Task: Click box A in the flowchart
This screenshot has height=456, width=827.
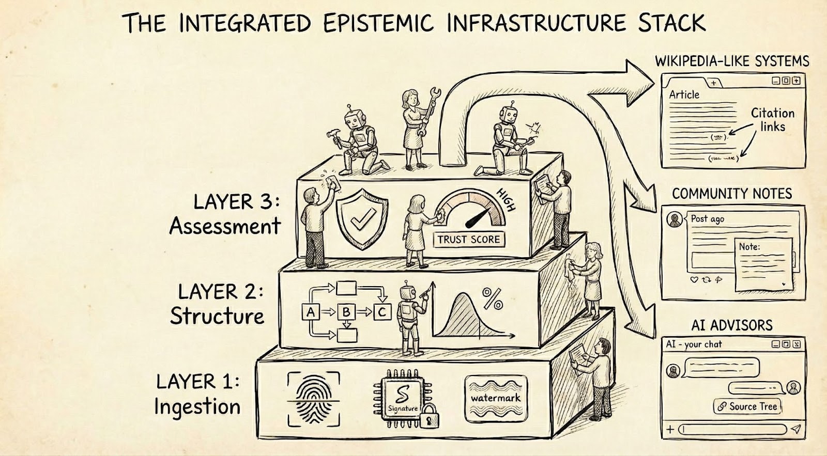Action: point(311,311)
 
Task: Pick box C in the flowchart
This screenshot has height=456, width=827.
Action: point(382,311)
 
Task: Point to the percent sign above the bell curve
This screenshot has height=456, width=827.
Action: point(492,298)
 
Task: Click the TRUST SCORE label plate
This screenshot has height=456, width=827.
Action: point(469,239)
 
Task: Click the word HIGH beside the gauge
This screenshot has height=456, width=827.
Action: point(506,200)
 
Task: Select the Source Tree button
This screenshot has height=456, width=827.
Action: point(747,406)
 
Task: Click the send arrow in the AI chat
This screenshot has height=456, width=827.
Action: point(796,429)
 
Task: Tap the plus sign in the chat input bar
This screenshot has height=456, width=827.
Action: point(670,429)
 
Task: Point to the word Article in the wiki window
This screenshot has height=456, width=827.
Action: point(684,95)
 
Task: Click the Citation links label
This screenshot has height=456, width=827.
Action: point(772,120)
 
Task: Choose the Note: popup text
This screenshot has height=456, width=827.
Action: point(749,247)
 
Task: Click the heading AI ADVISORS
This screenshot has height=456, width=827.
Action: point(732,325)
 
